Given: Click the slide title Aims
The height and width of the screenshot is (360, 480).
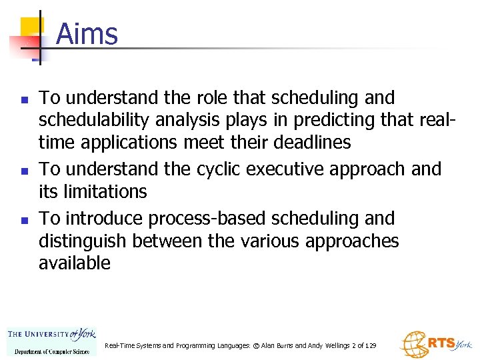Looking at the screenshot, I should click(x=87, y=33).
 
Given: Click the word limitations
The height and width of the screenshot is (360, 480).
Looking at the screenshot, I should click(x=106, y=192).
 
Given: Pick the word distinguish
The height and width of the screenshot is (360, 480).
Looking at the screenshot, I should click(x=83, y=241).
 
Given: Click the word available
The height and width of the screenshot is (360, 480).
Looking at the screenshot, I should click(x=75, y=263).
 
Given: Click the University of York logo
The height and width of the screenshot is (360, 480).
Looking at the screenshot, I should click(x=51, y=341).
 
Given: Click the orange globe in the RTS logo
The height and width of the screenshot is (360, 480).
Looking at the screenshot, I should click(x=413, y=345).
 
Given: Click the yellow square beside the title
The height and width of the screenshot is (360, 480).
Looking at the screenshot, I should click(x=31, y=27).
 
